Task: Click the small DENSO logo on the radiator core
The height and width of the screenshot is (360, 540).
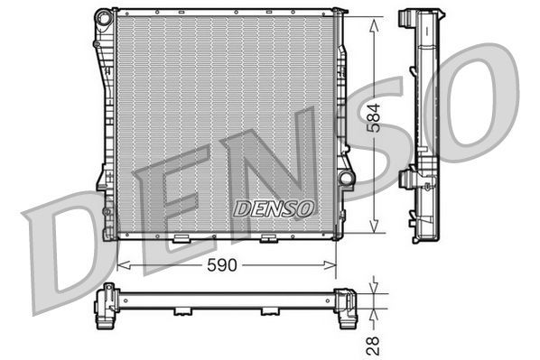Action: coord(273,208)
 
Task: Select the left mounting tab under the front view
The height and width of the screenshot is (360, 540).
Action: coord(181,239)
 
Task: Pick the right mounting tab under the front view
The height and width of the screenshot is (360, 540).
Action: coord(267,239)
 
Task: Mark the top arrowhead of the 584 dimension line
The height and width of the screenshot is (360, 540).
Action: coord(375,20)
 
